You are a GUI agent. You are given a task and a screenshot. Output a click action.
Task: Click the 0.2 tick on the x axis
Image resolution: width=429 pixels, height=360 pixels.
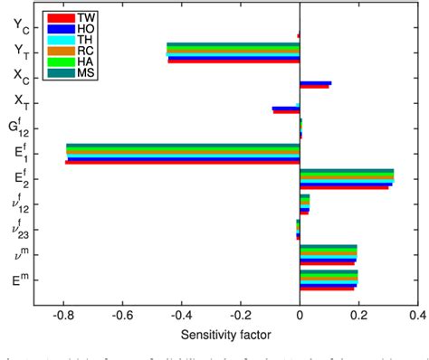point(358,315)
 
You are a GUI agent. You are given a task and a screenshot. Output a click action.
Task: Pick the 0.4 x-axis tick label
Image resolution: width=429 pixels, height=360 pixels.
point(417,315)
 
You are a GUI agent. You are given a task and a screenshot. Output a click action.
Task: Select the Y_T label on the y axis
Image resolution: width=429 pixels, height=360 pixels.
point(18,53)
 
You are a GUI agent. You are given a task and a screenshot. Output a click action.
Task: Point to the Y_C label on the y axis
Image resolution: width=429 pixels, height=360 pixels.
point(18,25)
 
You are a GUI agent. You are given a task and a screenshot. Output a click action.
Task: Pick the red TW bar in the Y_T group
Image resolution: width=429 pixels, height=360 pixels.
point(234,62)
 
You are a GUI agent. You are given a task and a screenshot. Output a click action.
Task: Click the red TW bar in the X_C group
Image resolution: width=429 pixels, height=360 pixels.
point(314,87)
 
